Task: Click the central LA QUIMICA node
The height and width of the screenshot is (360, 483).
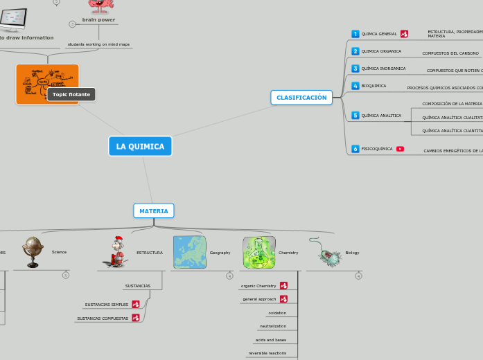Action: tap(140, 146)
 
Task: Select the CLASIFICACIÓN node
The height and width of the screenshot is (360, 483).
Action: tap(301, 98)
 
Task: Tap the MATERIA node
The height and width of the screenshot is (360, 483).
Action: tap(153, 210)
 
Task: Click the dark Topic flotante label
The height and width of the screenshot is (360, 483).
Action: tap(71, 94)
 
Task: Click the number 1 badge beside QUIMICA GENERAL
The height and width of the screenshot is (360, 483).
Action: tap(355, 34)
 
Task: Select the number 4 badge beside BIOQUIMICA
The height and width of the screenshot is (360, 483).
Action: tap(355, 86)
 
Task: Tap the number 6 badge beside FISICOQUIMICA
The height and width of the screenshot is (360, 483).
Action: tap(355, 149)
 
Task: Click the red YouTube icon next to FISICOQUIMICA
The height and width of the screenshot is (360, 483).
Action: tap(400, 149)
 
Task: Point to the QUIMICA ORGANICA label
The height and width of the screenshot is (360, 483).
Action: tap(381, 51)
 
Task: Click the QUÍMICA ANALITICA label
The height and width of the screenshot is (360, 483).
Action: tap(381, 116)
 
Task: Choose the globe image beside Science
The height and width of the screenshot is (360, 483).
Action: tap(33, 252)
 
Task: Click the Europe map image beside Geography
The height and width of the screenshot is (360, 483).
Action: tap(189, 252)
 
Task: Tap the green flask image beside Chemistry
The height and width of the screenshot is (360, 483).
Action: tap(258, 252)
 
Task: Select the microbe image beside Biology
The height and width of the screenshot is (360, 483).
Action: tap(328, 253)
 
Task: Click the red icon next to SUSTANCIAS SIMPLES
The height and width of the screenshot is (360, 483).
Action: tap(136, 304)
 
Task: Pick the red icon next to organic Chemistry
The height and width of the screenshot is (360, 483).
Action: tap(283, 286)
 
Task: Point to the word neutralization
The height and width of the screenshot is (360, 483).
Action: tap(272, 326)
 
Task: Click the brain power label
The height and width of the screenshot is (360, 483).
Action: tap(98, 20)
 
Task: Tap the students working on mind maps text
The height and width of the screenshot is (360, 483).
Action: tap(98, 44)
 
